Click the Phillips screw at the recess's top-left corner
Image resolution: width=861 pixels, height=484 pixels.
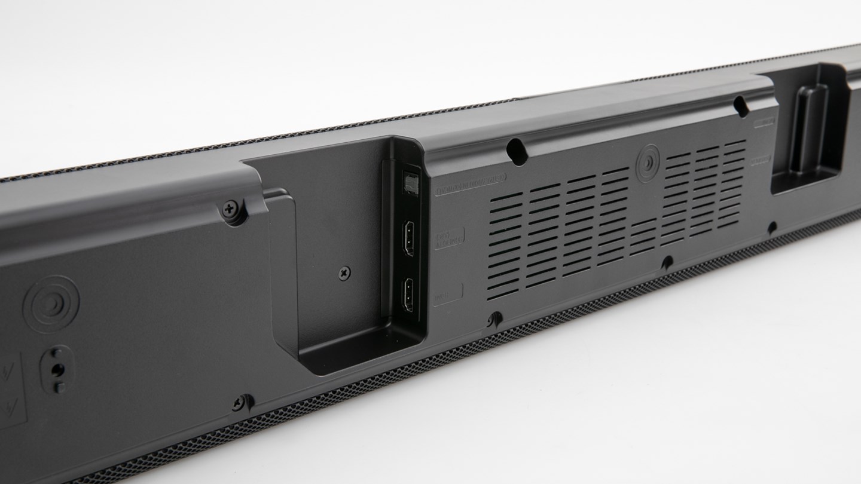[x=230, y=209]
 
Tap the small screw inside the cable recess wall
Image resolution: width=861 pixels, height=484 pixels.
[x=344, y=274]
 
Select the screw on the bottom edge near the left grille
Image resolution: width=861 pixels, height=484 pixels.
[x=240, y=402]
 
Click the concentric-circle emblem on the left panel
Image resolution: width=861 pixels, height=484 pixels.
[x=51, y=303]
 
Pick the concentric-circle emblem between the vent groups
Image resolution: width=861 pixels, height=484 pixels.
[x=648, y=163]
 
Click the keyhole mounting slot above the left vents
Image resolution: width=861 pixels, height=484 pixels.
[x=517, y=151]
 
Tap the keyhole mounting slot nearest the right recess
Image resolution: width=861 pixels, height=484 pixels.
[x=741, y=106]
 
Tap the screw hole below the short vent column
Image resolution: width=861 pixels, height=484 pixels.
[x=667, y=261]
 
